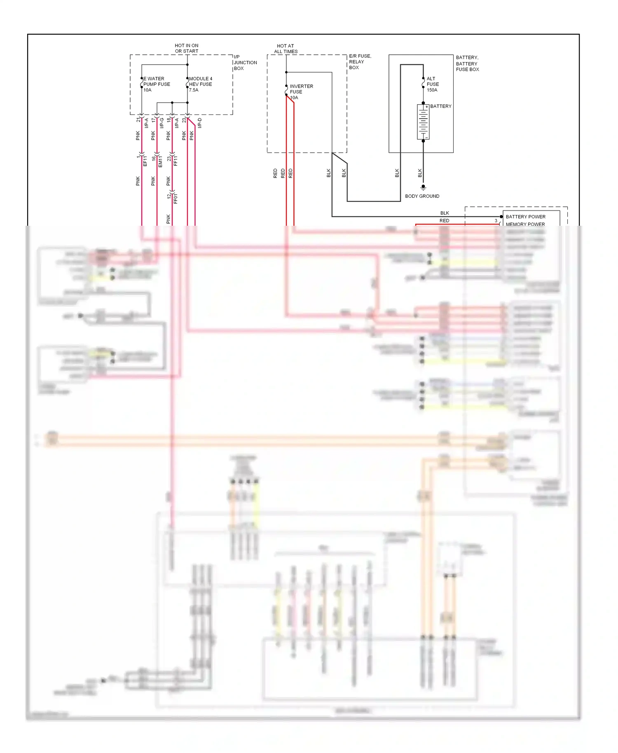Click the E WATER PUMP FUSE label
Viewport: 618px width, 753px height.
coord(156,84)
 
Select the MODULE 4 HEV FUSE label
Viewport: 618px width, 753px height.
coord(201,84)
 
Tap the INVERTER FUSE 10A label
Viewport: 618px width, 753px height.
coord(301,92)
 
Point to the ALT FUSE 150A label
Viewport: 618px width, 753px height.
coord(432,84)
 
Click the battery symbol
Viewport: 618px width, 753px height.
coord(423,122)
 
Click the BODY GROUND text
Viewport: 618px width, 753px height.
coord(422,196)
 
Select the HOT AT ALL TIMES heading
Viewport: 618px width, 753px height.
coord(286,49)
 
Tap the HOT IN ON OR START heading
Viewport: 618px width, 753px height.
coord(187,48)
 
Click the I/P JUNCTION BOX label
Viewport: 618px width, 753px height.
coord(245,63)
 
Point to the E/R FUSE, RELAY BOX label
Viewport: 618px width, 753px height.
coord(360,62)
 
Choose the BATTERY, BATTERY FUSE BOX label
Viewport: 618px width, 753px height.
coord(467,63)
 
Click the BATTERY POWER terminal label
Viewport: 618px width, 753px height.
coord(525,217)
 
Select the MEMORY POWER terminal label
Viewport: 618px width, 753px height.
coord(525,224)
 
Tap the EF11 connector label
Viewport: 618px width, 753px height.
coord(145,161)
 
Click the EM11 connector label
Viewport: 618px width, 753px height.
coord(160,161)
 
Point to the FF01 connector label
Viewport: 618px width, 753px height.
coord(176,199)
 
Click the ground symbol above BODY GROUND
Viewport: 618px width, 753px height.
coord(423,187)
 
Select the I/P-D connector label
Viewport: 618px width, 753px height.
coord(200,123)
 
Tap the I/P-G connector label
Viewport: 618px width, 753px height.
coord(162,123)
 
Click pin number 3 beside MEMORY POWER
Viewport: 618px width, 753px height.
coord(496,221)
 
